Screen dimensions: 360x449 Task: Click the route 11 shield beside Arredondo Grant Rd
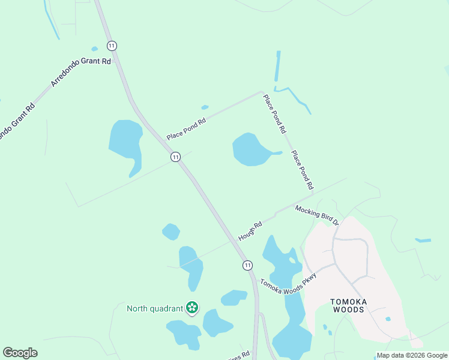click(112, 46)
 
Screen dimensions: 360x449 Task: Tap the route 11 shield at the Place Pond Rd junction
click(175, 157)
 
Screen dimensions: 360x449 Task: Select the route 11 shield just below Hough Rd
click(247, 265)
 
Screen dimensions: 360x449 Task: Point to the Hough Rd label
click(250, 232)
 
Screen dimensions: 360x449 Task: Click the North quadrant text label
click(154, 309)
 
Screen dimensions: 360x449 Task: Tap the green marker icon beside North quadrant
click(192, 308)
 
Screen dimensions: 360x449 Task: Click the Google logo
click(20, 353)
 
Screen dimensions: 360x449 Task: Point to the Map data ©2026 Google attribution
click(412, 355)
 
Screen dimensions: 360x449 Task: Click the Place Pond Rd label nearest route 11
click(186, 128)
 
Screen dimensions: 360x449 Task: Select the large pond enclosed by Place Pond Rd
click(252, 150)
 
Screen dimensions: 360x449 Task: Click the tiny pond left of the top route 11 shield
click(94, 49)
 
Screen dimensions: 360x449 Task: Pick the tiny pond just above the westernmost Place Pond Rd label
click(205, 108)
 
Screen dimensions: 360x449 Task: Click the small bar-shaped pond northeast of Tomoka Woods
click(423, 241)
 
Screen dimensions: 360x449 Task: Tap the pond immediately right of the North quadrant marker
click(217, 323)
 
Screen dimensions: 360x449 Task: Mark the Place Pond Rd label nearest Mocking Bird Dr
click(302, 169)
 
